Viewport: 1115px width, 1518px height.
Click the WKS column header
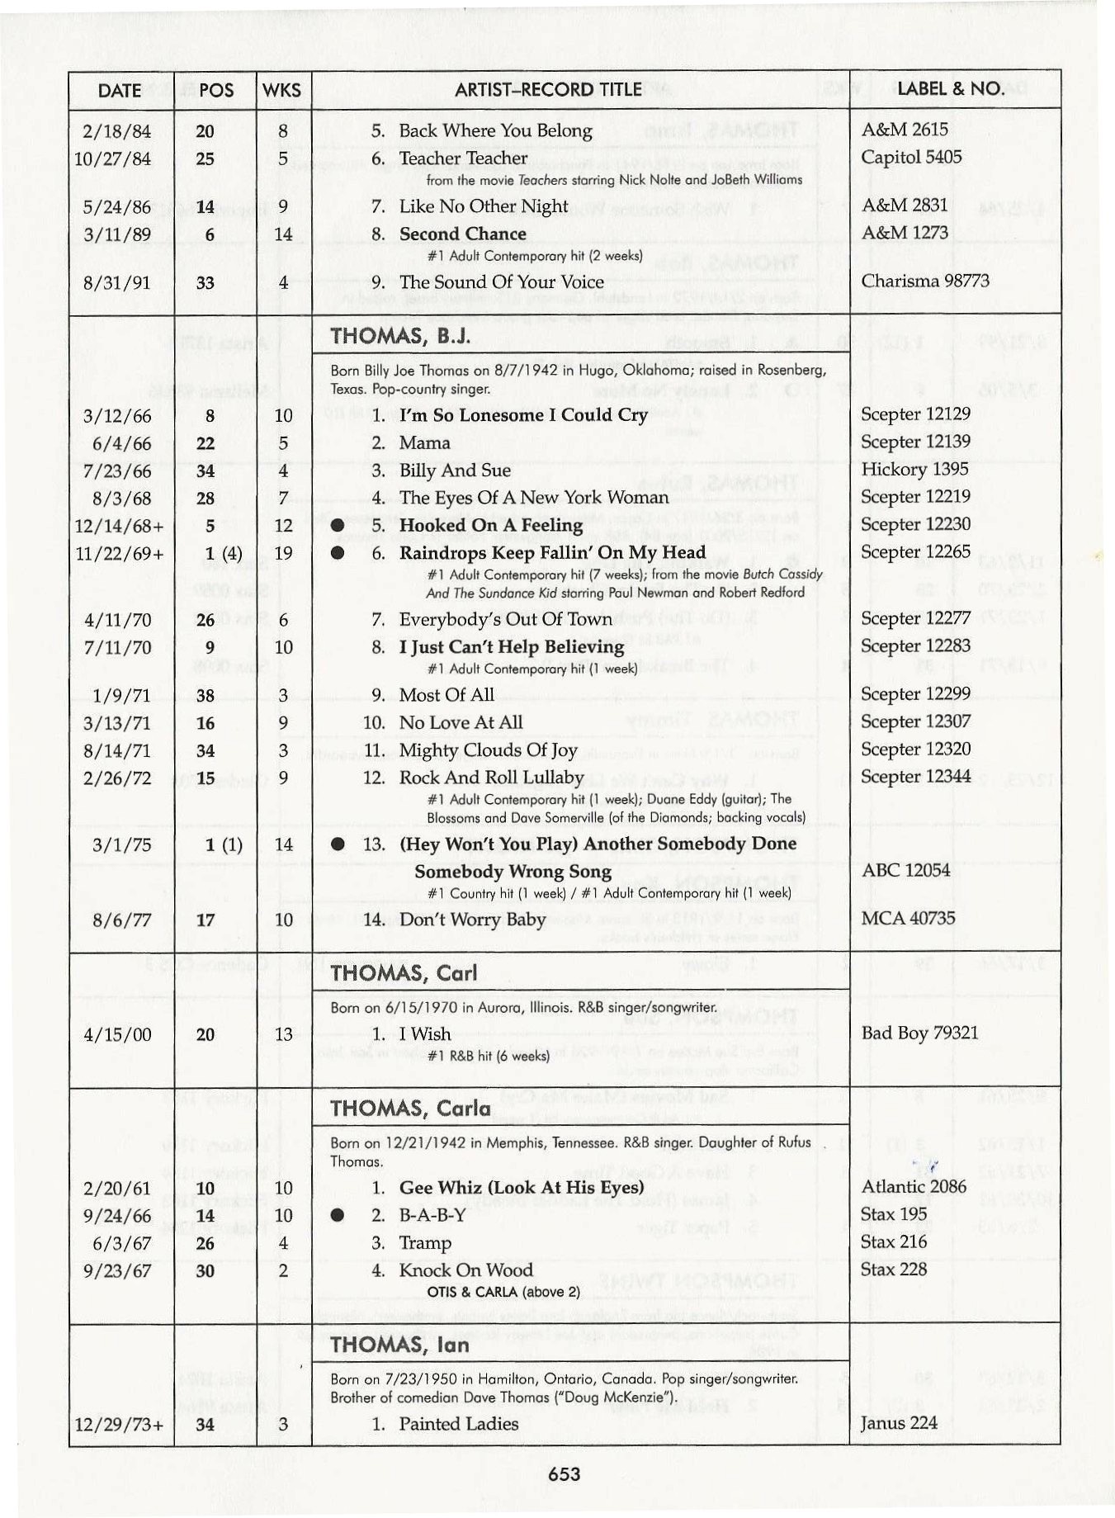tap(281, 90)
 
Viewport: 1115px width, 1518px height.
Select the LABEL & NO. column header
tap(951, 89)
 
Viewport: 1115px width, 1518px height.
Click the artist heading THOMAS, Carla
tap(410, 1108)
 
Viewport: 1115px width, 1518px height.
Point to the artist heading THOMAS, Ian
tap(399, 1345)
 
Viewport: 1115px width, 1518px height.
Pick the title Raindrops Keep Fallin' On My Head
tap(552, 552)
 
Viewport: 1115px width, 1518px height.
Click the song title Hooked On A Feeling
tap(490, 525)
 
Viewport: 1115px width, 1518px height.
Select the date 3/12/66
tap(118, 416)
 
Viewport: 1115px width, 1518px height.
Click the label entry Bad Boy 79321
tap(919, 1033)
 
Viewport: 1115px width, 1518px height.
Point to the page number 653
tap(565, 1473)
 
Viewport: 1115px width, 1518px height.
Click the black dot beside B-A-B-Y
tap(337, 1216)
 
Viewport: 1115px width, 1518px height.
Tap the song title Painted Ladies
tap(458, 1423)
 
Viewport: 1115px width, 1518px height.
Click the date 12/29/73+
tap(119, 1425)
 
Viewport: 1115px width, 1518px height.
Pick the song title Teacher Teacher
tap(462, 158)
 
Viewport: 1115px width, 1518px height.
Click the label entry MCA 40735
tap(908, 918)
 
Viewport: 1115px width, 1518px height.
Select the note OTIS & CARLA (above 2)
tap(503, 1292)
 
